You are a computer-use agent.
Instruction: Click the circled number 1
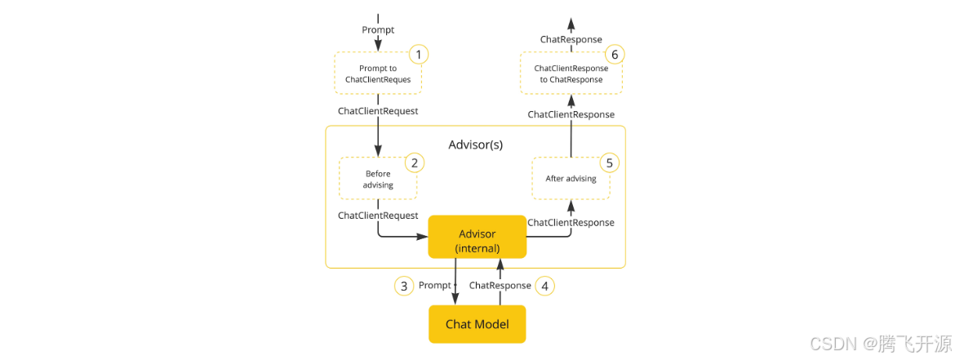(418, 55)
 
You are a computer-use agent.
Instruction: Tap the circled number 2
(414, 162)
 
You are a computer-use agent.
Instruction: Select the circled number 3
(403, 286)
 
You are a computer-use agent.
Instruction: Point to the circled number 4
(545, 286)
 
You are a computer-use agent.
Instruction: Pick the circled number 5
(608, 162)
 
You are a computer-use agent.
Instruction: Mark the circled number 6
(616, 55)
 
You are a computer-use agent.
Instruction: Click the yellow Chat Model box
(477, 324)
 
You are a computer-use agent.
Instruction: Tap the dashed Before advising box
(378, 179)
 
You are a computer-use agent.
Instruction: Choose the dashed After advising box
(571, 179)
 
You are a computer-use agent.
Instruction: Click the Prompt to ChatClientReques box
(378, 73)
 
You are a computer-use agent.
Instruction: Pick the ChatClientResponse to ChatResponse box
(571, 73)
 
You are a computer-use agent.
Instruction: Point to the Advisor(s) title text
(476, 144)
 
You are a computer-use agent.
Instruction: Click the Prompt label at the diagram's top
(378, 29)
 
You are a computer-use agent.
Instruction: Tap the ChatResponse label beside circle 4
(500, 286)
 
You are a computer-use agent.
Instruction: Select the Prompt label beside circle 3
(434, 286)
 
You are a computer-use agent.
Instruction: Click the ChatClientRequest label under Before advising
(378, 216)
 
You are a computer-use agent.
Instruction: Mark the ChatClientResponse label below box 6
(571, 114)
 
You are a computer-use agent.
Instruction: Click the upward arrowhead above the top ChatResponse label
(571, 23)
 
